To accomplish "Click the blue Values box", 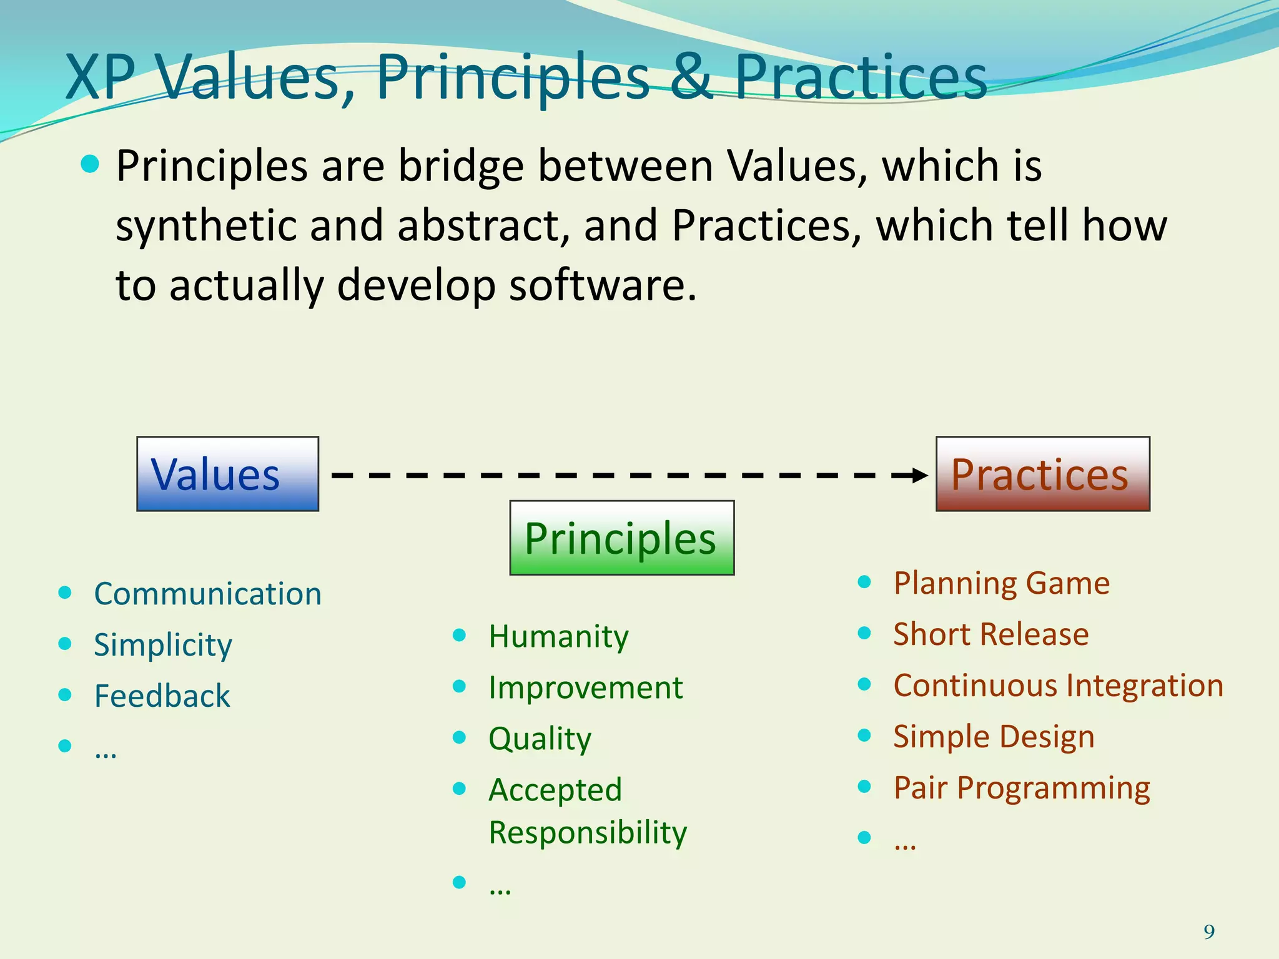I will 227,474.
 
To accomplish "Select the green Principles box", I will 621,538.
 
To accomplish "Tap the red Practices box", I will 1042,474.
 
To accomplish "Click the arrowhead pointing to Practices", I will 919,476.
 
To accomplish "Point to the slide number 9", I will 1209,932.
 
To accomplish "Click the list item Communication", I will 207,594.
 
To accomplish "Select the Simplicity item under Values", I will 162,645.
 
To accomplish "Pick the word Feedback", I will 162,696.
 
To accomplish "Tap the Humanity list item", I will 558,637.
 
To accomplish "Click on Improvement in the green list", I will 585,688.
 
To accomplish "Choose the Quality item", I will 540,739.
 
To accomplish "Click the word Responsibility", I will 587,833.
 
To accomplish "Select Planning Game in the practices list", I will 1001,584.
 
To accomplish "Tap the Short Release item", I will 990,635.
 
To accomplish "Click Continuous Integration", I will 1058,686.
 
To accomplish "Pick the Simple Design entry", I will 993,737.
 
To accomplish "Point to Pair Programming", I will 1021,788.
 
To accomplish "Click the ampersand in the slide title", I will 691,77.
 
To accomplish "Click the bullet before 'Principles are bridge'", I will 91,165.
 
